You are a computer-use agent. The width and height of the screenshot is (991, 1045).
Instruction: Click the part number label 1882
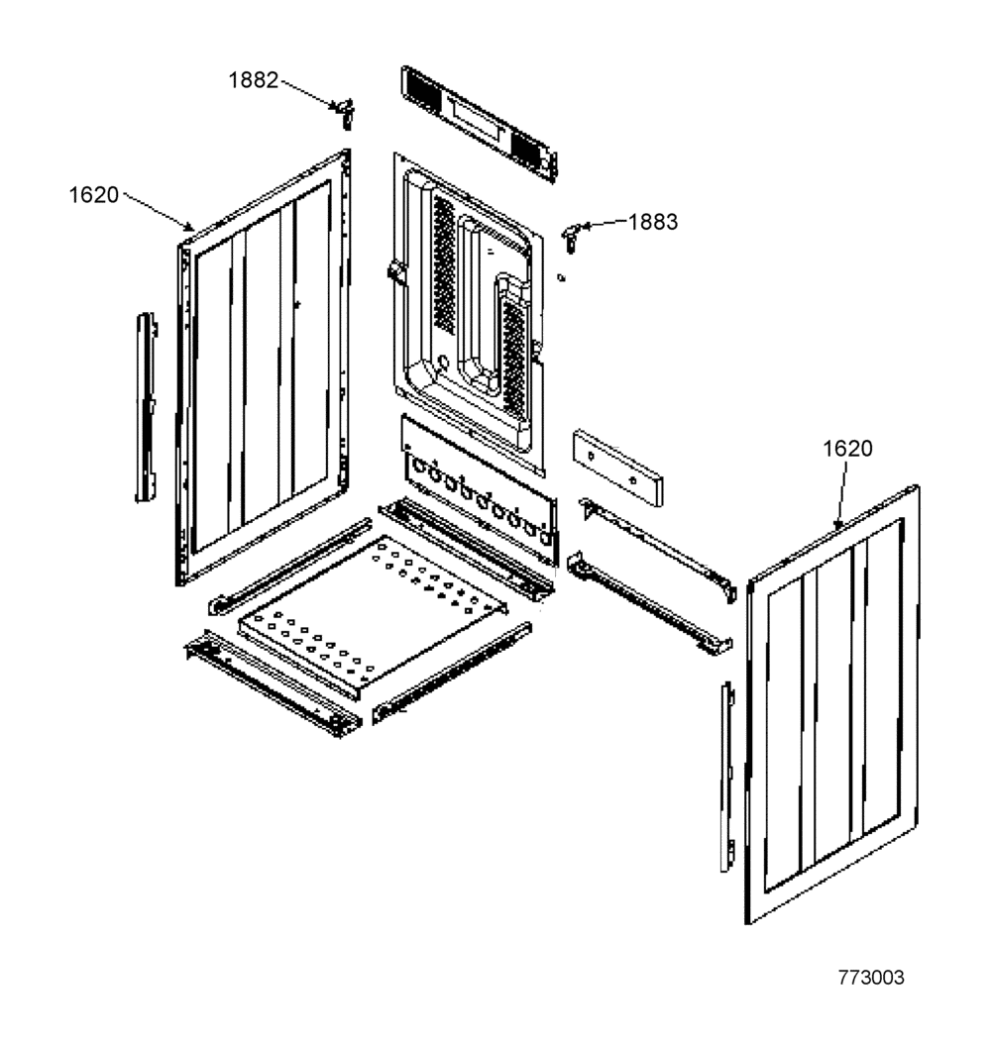[253, 80]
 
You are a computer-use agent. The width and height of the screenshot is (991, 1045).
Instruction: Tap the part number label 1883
[653, 222]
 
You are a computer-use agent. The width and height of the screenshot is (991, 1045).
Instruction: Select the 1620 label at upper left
[93, 195]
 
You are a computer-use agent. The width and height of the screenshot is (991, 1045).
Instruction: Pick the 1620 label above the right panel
[847, 449]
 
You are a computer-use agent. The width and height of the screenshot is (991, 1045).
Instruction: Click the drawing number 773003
[871, 977]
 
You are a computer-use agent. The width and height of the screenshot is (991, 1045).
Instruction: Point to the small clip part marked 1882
[346, 113]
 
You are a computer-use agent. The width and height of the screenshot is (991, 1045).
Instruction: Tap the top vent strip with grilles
[479, 124]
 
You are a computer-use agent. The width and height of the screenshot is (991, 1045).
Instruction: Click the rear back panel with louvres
[469, 313]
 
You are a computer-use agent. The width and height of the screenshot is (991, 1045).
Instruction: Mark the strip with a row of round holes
[479, 488]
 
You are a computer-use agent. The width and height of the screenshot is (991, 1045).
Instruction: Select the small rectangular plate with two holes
[617, 468]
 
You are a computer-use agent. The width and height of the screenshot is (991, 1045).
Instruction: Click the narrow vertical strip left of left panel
[146, 407]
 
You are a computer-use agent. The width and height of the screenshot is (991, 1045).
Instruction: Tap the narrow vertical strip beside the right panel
[727, 777]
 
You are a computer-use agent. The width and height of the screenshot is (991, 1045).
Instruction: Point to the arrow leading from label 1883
[605, 224]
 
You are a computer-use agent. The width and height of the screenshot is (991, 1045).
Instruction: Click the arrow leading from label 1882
[309, 94]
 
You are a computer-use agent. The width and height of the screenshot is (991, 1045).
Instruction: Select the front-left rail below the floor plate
[274, 684]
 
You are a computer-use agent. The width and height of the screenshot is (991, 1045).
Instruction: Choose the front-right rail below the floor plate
[452, 674]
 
